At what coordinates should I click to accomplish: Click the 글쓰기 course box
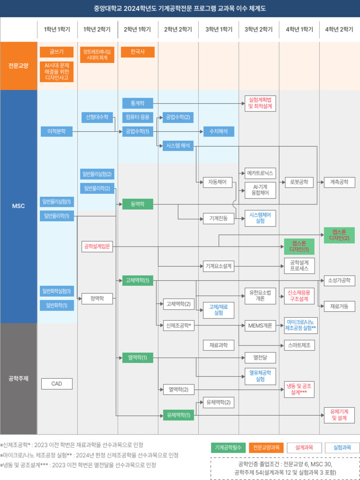(x=57, y=52)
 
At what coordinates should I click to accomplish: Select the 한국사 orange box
(x=138, y=52)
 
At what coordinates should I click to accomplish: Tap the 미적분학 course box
(x=57, y=132)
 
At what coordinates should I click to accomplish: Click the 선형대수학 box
(x=97, y=117)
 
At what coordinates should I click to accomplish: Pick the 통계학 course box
(x=138, y=104)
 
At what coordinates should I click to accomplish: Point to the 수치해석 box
(x=218, y=132)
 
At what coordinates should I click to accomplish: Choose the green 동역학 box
(x=138, y=204)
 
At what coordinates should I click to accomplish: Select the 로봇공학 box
(x=300, y=182)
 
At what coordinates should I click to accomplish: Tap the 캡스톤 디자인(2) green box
(x=339, y=235)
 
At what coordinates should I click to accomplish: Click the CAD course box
(x=57, y=383)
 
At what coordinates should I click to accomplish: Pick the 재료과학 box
(x=218, y=345)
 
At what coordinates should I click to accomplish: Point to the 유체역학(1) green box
(x=179, y=415)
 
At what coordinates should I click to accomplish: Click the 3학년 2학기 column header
(x=259, y=30)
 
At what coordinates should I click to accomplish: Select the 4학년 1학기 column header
(x=299, y=30)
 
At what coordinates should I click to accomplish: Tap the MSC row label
(x=18, y=206)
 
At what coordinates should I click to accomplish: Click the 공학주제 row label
(x=18, y=378)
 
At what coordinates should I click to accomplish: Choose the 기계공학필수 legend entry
(x=228, y=448)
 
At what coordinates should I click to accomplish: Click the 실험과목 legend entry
(x=342, y=448)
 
